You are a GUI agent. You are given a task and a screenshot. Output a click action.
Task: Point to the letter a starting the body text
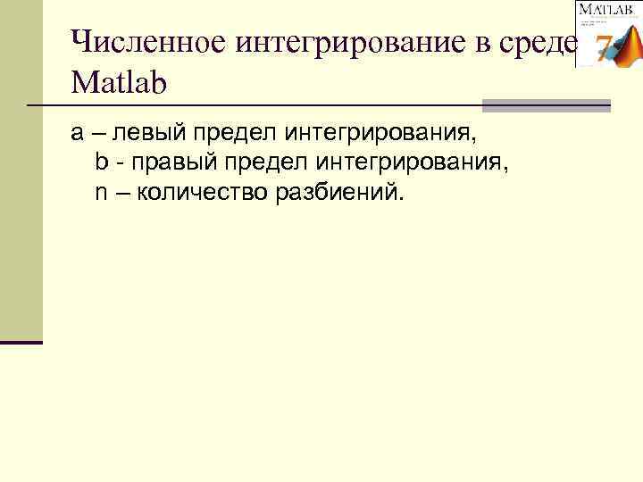pyautogui.click(x=78, y=135)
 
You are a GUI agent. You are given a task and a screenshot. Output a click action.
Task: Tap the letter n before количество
pyautogui.click(x=101, y=193)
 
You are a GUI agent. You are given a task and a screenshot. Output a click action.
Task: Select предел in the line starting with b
pyautogui.click(x=280, y=163)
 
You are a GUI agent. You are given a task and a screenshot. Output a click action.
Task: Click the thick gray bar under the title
pyautogui.click(x=547, y=106)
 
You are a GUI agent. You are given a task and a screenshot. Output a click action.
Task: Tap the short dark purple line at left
pyautogui.click(x=21, y=342)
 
